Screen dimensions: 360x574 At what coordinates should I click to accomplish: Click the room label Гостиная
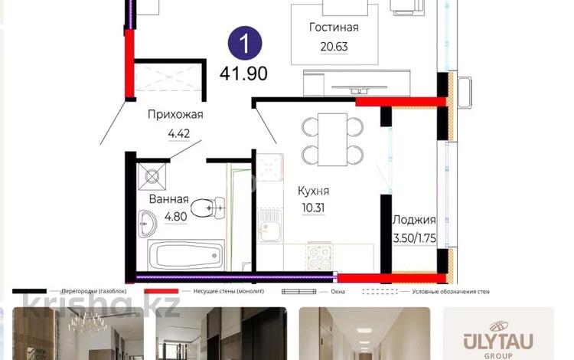tap(334, 28)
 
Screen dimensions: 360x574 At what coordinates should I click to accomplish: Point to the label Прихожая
tap(175, 116)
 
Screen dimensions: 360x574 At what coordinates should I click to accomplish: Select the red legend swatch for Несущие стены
tap(161, 291)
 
